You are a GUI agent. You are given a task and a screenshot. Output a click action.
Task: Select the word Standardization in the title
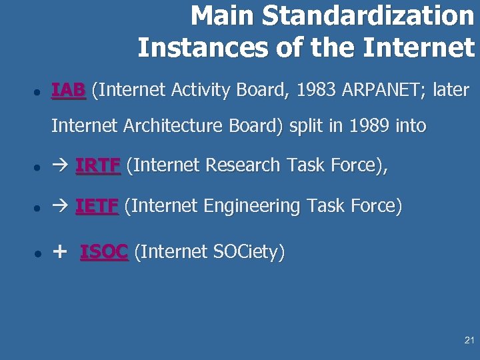point(368,16)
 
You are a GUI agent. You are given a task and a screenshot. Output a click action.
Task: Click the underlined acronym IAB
point(69,90)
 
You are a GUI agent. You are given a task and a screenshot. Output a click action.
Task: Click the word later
point(451,90)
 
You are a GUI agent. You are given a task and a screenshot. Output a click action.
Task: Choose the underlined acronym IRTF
point(98,166)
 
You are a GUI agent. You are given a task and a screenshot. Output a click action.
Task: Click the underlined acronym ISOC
point(104,252)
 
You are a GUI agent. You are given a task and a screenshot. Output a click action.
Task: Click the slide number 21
point(469,341)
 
